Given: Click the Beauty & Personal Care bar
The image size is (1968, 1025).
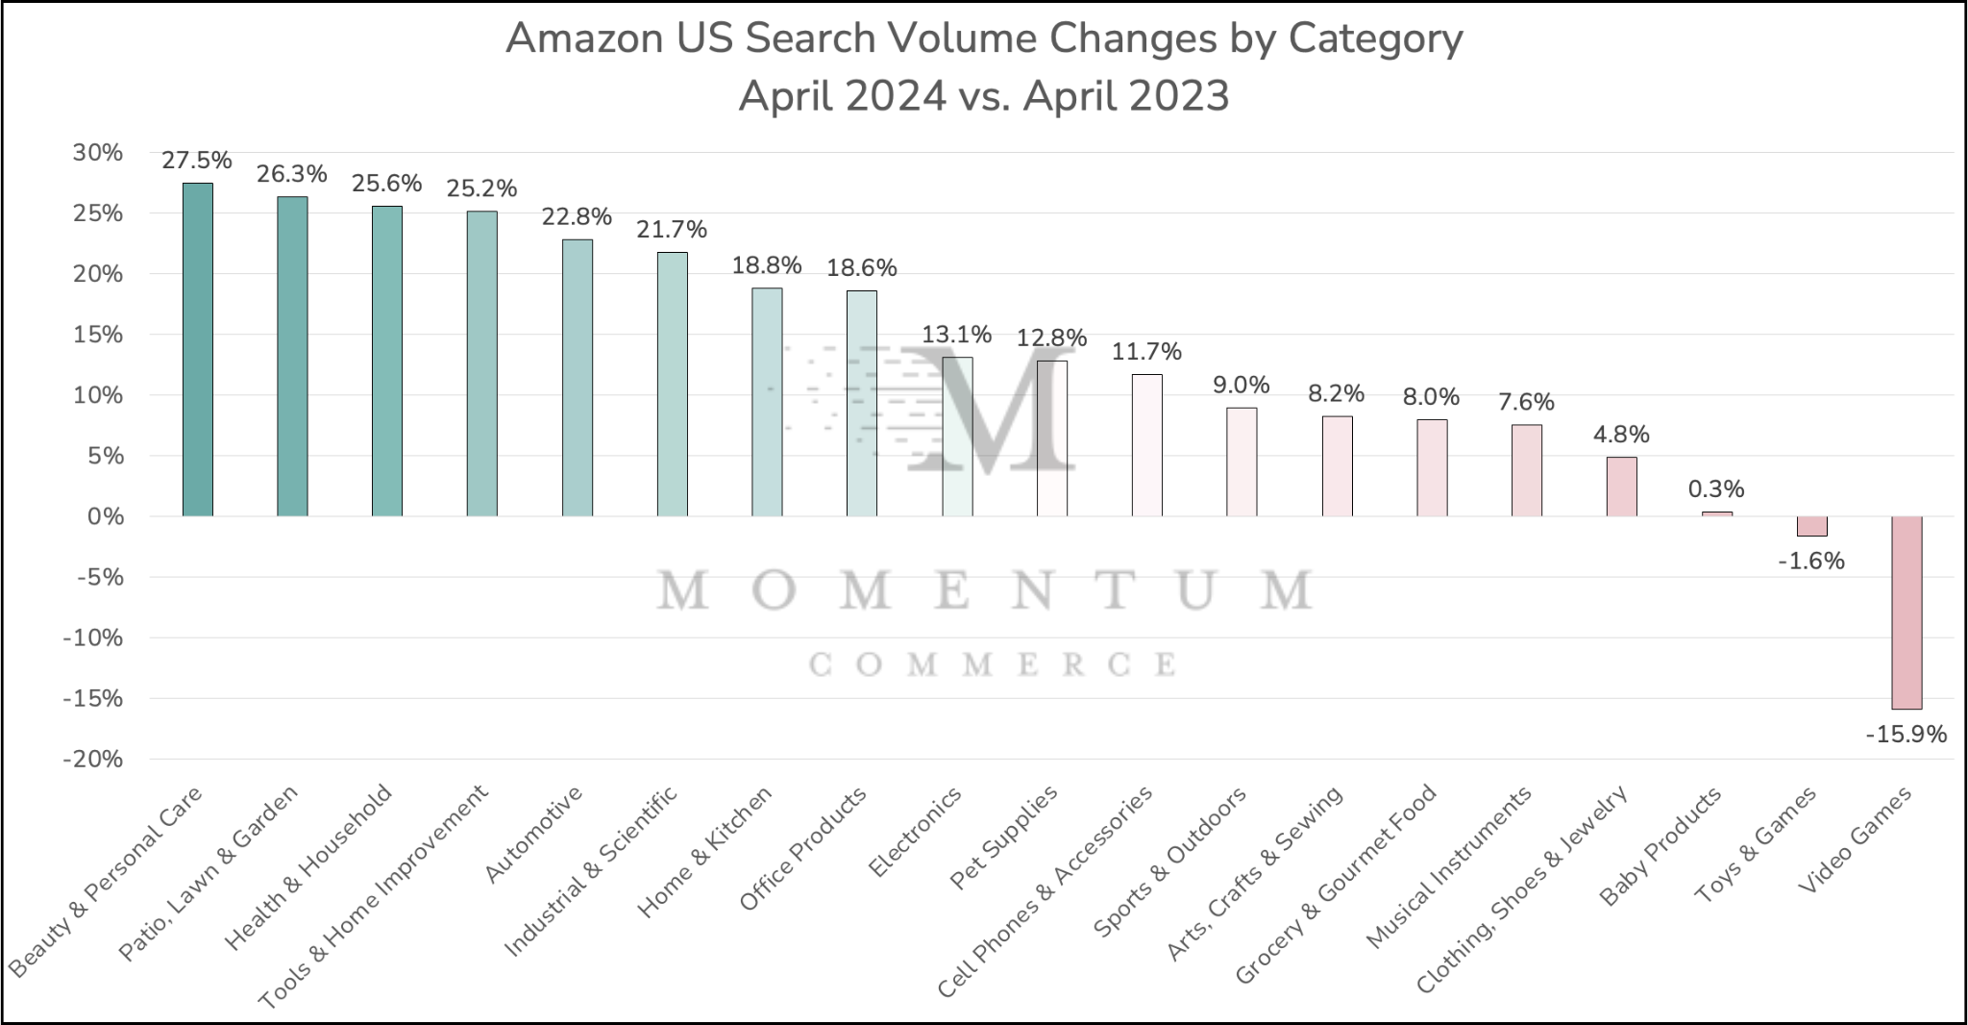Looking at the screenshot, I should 197,349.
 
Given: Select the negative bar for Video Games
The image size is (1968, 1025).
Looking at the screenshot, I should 1906,612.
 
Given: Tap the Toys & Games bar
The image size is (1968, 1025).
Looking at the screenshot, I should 1811,526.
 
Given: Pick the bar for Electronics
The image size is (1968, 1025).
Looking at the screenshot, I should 957,437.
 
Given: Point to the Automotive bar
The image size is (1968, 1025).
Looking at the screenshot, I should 577,377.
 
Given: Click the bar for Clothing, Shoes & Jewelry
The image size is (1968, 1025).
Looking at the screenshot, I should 1621,487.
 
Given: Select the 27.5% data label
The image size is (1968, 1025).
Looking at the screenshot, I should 197,161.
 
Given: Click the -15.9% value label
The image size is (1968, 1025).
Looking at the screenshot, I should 1906,735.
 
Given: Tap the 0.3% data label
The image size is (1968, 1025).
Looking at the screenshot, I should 1716,489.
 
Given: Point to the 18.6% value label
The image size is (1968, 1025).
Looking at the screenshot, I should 862,268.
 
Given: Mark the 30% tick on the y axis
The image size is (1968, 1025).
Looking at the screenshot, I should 98,153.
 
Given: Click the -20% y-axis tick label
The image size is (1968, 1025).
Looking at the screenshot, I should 93,760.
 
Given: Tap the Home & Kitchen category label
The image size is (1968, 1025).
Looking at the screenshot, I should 704,852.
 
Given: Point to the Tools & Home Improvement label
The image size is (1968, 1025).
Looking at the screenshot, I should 374,896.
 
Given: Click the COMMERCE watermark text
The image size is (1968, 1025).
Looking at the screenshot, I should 992,664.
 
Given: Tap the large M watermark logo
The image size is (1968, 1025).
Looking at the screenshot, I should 990,409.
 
